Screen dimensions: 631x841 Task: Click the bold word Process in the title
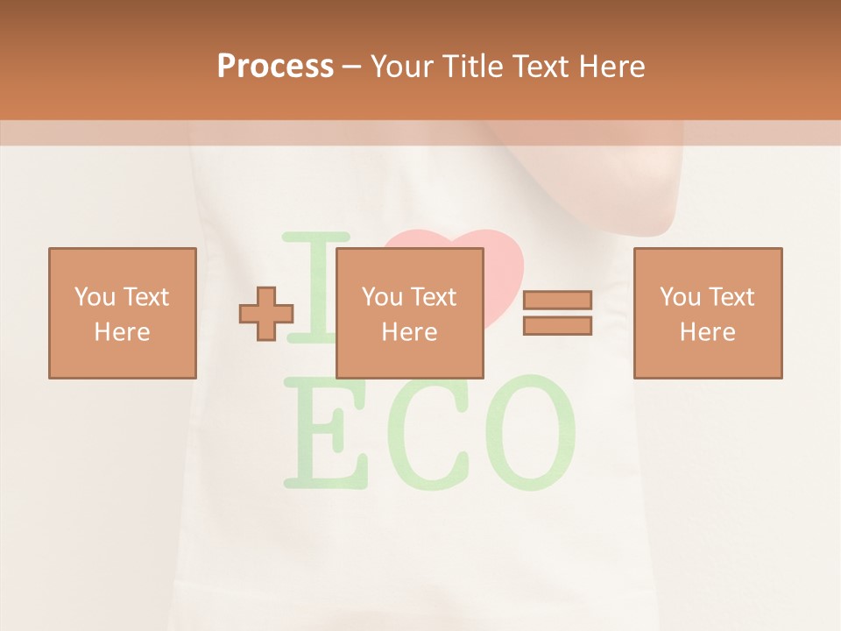[275, 66]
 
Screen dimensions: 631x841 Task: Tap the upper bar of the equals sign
[557, 300]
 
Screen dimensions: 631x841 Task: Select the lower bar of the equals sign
[557, 325]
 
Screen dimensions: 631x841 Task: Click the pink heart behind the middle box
[504, 263]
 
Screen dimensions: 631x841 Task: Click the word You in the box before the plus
[95, 297]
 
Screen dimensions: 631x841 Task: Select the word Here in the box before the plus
[122, 332]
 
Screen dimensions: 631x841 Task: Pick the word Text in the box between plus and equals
[434, 297]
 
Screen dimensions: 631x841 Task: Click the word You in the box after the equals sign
[680, 297]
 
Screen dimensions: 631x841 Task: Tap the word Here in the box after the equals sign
[707, 332]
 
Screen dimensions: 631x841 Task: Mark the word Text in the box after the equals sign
[731, 297]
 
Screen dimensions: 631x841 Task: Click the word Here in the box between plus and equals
[409, 332]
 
